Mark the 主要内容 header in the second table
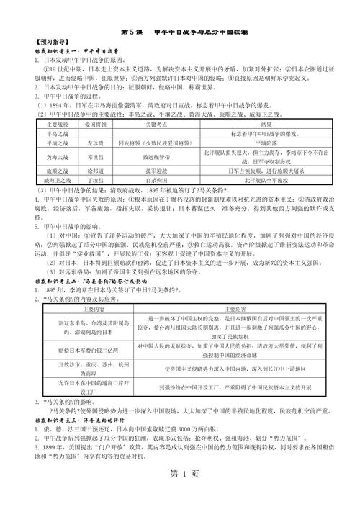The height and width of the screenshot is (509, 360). tap(84, 307)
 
